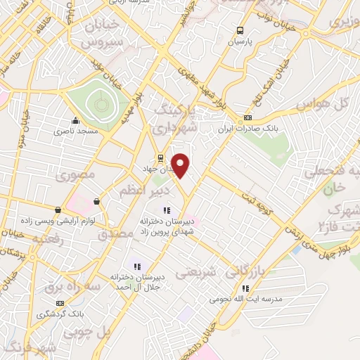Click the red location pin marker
point(181,165)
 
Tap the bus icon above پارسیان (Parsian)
point(240,30)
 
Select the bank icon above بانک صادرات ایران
point(247,117)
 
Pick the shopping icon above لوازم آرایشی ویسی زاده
point(58,210)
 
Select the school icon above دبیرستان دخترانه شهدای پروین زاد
point(167,210)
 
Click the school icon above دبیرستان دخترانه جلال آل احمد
point(137,266)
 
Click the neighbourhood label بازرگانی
point(248,270)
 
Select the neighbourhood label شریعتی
point(191,271)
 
